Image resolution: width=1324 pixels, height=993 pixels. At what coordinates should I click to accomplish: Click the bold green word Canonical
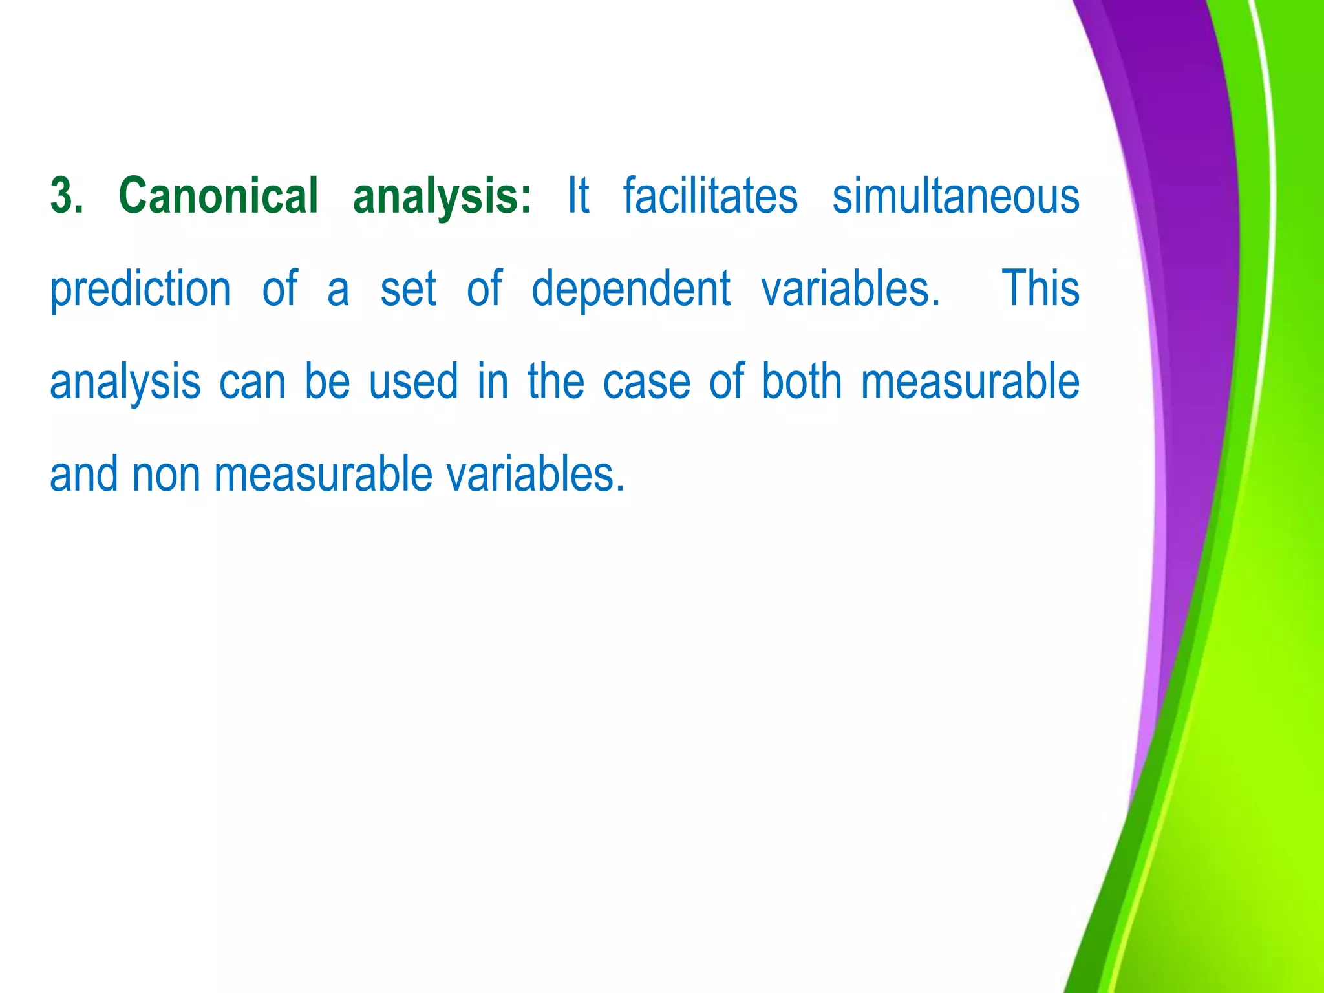[219, 196]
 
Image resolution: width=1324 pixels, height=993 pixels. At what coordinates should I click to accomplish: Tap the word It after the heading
[578, 196]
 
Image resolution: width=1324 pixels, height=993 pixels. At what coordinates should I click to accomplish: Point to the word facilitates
[710, 196]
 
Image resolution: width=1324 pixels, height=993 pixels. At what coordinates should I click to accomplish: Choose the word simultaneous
[956, 196]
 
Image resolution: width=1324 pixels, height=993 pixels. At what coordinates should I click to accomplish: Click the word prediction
[140, 289]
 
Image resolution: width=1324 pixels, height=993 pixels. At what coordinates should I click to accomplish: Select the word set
[408, 289]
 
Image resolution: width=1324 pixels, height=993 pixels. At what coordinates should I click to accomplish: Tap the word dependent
[631, 289]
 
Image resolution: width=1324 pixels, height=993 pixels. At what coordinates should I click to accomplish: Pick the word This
[1040, 288]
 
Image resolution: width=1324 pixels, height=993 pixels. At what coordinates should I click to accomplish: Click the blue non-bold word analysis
[125, 382]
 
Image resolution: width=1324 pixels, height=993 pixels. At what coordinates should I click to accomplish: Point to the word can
[252, 382]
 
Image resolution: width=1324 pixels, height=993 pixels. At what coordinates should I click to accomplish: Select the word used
[414, 381]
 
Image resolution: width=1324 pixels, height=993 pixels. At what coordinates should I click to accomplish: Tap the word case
[646, 382]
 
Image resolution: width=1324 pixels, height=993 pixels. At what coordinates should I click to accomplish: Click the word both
[802, 381]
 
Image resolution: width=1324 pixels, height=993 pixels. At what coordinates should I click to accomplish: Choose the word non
[165, 475]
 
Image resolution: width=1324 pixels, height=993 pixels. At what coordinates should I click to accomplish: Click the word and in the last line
[84, 474]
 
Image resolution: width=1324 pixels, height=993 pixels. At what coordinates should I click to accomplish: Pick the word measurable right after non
[323, 474]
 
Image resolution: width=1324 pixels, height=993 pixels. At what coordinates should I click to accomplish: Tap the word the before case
[555, 381]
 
